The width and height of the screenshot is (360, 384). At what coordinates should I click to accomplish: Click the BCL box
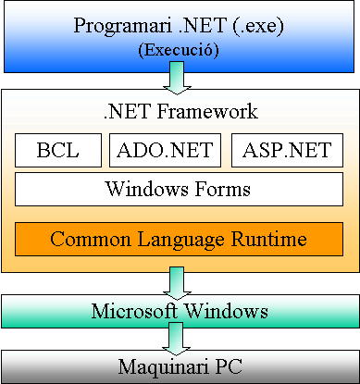coord(57,150)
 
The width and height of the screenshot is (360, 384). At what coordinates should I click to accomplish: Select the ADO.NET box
coord(166,150)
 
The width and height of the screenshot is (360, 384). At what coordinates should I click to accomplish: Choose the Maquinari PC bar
coord(180,367)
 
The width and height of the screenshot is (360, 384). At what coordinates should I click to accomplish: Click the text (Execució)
coord(179,50)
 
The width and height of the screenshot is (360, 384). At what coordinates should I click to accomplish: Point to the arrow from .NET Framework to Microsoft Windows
coord(179,281)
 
